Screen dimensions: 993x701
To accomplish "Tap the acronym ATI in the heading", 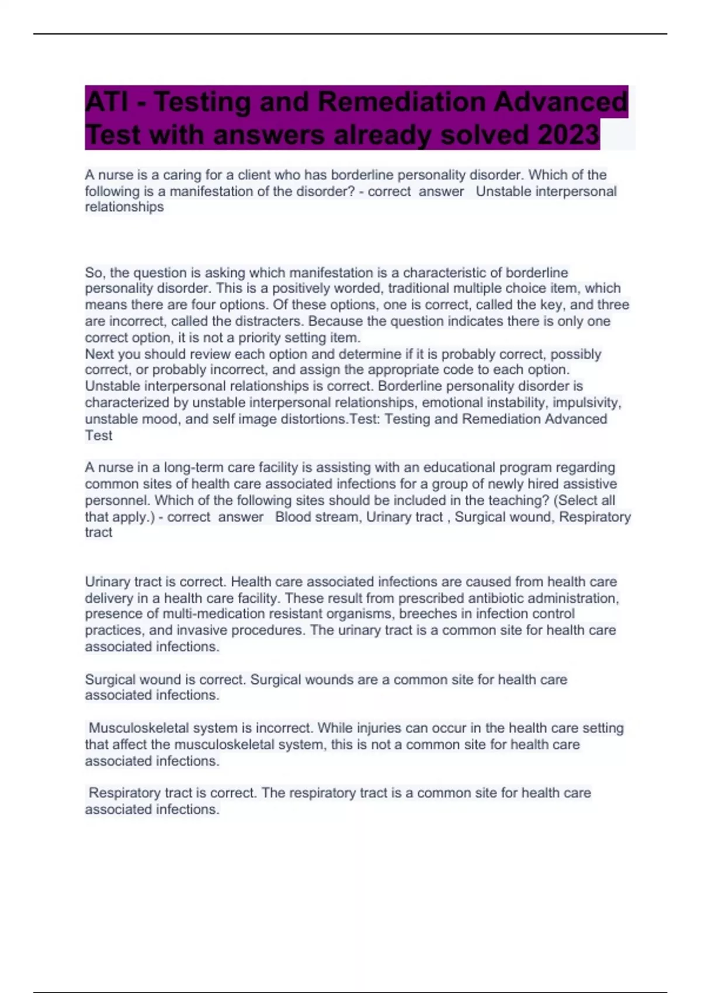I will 107,102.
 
